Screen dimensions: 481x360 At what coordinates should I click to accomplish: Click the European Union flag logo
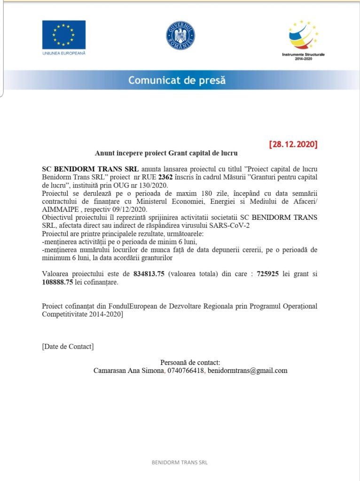pos(64,34)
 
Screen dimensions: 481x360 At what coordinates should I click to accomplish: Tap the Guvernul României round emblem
pos(180,36)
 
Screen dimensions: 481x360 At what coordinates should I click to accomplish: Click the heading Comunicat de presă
pos(177,80)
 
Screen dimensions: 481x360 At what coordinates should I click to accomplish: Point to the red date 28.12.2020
pos(293,144)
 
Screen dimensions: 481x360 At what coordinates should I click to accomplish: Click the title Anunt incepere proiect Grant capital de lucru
pos(166,153)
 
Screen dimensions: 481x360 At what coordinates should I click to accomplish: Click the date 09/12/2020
pos(127,209)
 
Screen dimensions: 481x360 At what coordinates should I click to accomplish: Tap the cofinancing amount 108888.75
pos(57,282)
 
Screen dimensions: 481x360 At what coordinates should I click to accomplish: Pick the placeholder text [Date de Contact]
pos(68,347)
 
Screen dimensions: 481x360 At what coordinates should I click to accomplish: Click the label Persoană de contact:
pos(190,362)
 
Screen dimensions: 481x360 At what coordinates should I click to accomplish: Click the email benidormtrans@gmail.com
pos(247,371)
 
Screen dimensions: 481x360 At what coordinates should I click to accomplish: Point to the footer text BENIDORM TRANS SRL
pos(180,463)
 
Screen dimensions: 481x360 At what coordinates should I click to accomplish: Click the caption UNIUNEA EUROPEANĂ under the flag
pos(64,53)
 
